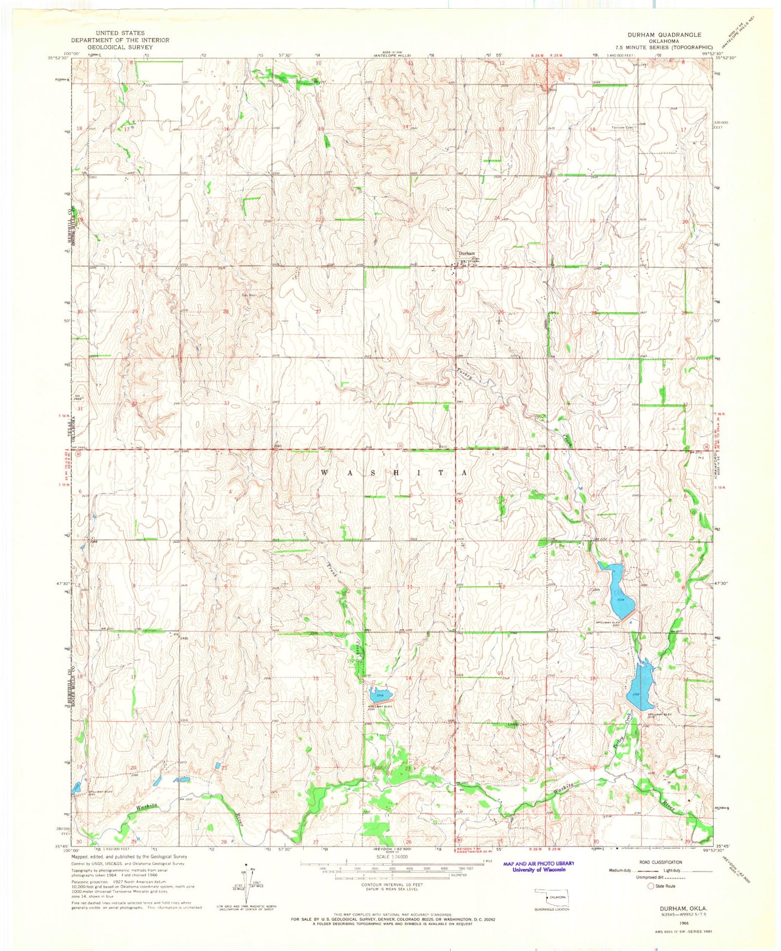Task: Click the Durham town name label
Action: click(x=466, y=253)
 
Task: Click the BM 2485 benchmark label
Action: click(x=180, y=451)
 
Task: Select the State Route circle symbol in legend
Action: click(x=650, y=885)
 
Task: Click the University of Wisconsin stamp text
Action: click(x=538, y=870)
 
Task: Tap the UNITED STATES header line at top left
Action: click(x=120, y=33)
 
